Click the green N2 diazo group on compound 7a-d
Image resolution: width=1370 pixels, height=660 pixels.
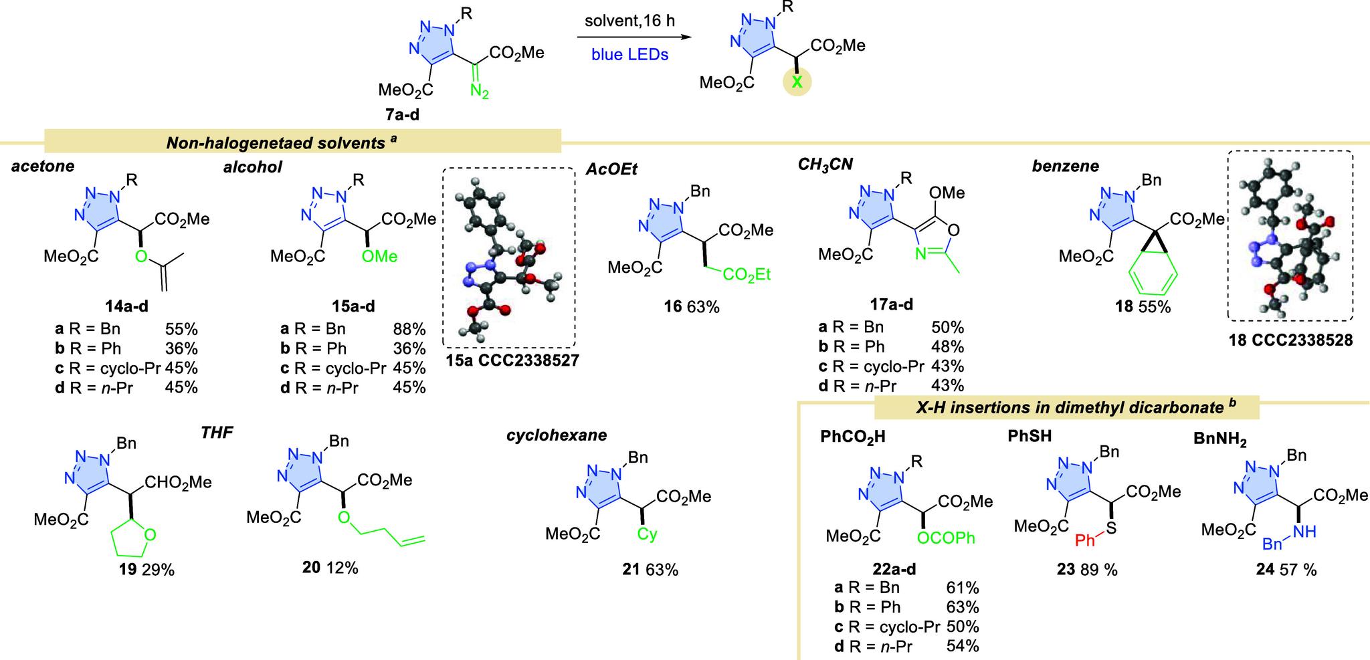[x=479, y=92]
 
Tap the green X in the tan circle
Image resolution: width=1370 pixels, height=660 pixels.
[x=797, y=84]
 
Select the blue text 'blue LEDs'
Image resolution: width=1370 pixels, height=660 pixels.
[x=629, y=55]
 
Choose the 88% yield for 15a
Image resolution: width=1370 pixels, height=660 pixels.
[x=409, y=329]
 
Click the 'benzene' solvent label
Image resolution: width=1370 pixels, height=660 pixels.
[x=1066, y=166]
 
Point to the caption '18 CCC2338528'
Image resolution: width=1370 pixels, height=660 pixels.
[x=1290, y=340]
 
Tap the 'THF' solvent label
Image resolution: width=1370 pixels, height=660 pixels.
[x=217, y=433]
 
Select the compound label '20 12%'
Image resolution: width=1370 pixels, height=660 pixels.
[x=330, y=568]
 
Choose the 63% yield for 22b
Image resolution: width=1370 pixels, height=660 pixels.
[x=963, y=607]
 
